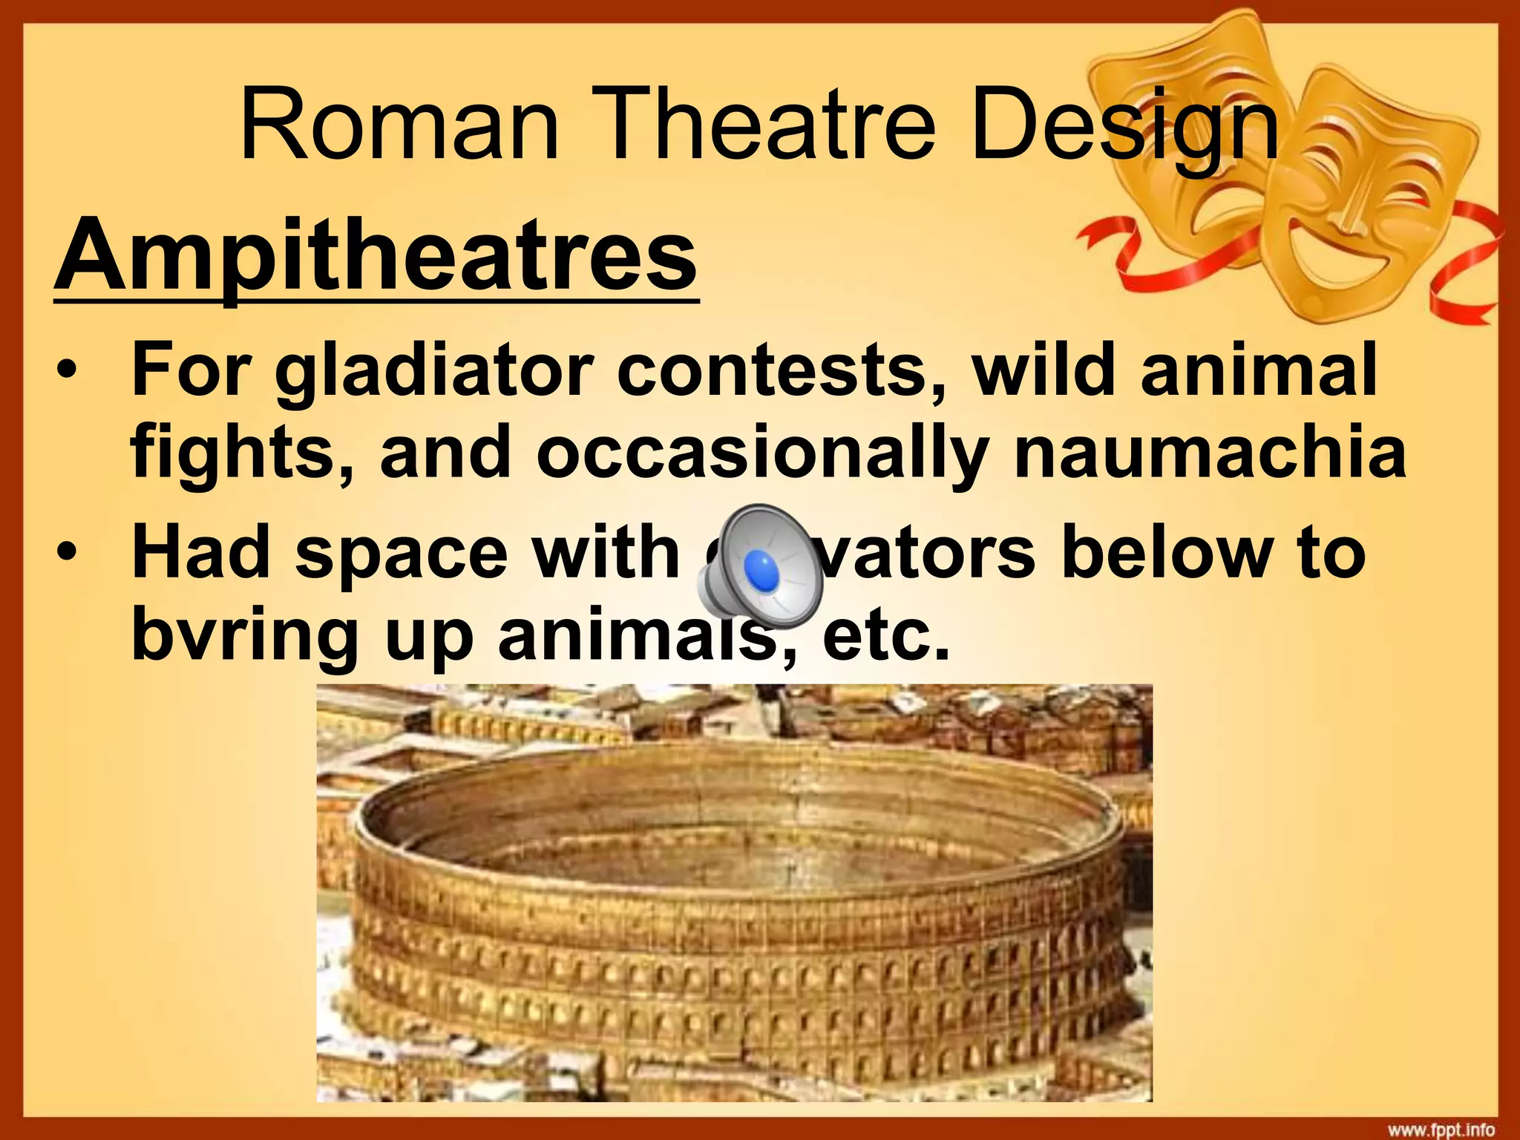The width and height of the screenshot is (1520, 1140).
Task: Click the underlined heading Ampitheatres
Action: tap(376, 256)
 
